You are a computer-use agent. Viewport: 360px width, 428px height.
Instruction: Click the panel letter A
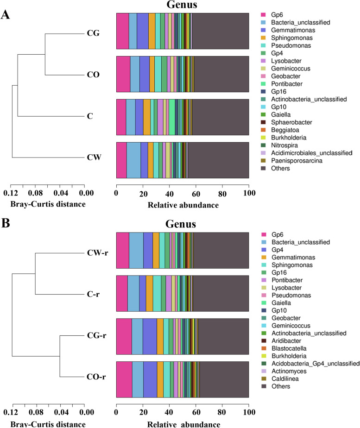tap(6, 14)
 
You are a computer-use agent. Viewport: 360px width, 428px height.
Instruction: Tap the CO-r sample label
tap(96, 377)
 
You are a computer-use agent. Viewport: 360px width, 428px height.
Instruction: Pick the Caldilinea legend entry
tap(285, 378)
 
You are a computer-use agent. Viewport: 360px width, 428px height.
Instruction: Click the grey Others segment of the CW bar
tap(218, 160)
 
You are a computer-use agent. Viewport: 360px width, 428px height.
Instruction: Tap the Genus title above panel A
tap(182, 6)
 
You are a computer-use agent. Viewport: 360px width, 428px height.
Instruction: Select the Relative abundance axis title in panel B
tap(182, 423)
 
